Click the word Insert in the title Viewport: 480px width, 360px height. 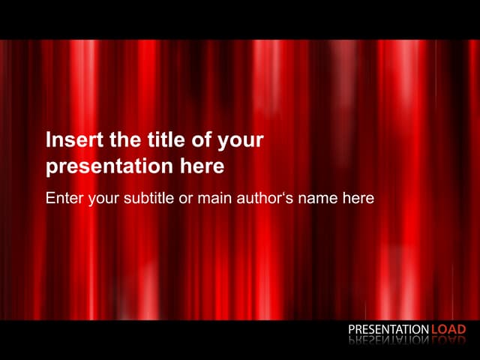point(70,140)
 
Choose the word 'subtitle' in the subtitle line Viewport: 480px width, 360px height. point(147,198)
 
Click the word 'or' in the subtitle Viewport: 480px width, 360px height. point(184,199)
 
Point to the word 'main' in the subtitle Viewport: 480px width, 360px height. point(212,198)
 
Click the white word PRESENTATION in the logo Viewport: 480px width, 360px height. point(388,329)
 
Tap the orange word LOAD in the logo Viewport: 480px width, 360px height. point(448,329)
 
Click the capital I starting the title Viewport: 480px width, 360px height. point(49,140)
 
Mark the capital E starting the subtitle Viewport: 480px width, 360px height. point(50,198)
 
